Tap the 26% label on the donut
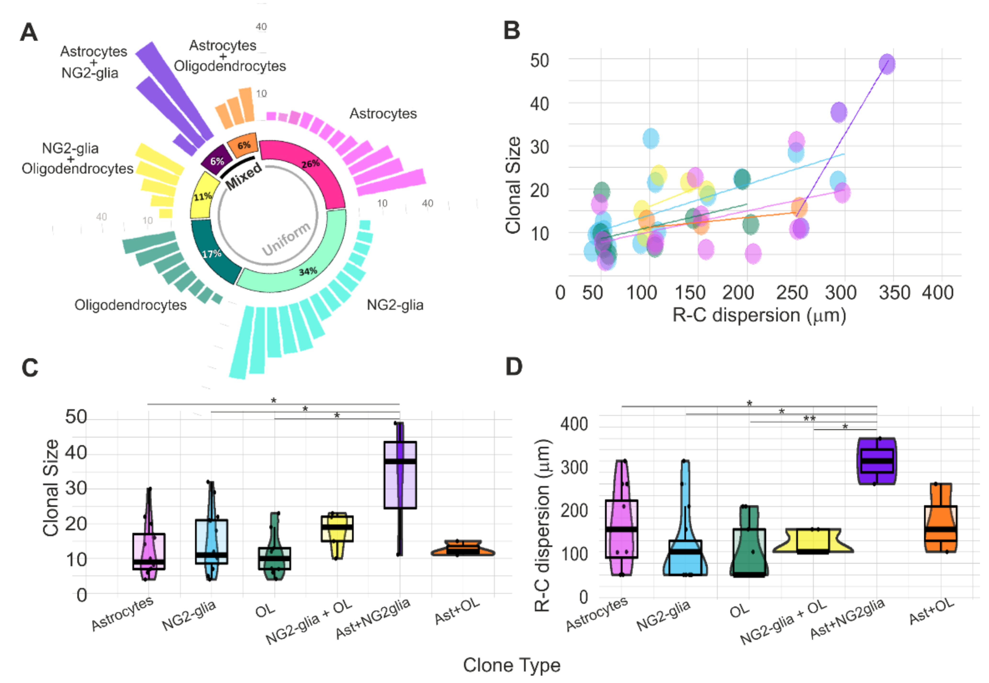[310, 164]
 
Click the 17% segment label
[212, 254]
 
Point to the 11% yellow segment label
[202, 196]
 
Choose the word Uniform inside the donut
[286, 239]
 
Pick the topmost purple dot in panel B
[887, 64]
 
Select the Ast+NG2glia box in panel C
[400, 475]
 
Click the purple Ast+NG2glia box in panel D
[877, 461]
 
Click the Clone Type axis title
[511, 665]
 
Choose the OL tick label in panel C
[265, 611]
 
